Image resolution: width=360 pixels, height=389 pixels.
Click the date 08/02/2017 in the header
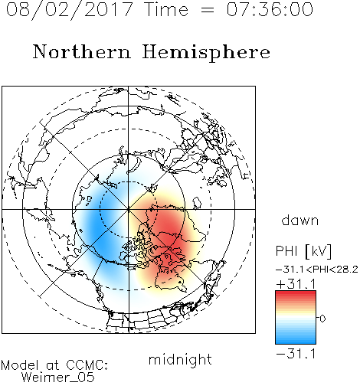[x=69, y=9]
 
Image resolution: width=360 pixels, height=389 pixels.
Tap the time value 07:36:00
[x=270, y=9]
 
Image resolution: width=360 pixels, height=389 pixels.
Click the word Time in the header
[x=166, y=9]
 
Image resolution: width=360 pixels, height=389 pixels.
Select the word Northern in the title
[x=82, y=51]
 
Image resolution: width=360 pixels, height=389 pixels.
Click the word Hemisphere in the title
[x=206, y=53]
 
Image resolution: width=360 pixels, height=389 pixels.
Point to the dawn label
[x=300, y=220]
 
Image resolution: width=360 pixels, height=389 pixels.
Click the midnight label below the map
[x=180, y=359]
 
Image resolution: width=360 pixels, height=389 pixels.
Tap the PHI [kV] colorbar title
[x=303, y=251]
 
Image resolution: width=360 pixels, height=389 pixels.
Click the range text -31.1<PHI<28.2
[x=317, y=270]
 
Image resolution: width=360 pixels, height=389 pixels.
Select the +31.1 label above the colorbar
[x=296, y=284]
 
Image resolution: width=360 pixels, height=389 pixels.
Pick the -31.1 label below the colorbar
[x=296, y=354]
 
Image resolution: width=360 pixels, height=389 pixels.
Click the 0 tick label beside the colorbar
[x=322, y=319]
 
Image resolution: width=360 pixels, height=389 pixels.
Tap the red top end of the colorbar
[x=296, y=293]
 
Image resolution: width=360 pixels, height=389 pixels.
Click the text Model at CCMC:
[x=54, y=365]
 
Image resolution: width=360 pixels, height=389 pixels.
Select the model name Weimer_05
[x=58, y=378]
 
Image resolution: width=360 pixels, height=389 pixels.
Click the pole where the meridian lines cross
[x=129, y=209]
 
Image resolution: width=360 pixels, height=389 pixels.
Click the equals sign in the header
[x=208, y=10]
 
